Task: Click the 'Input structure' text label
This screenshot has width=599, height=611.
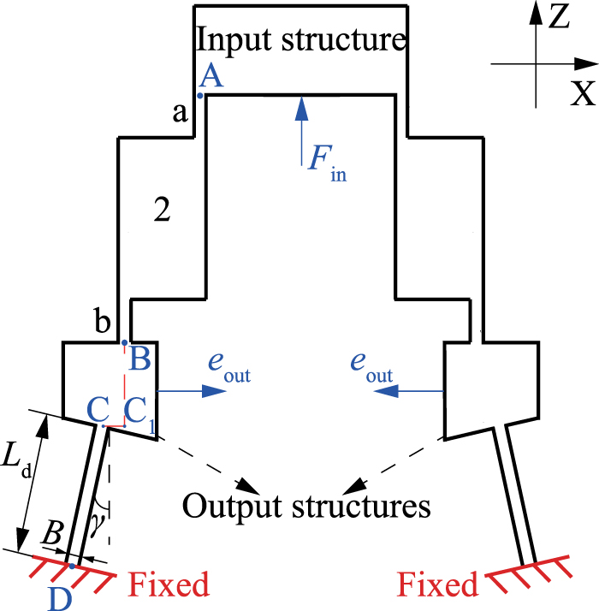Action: [300, 39]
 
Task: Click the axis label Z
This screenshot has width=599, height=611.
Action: [560, 16]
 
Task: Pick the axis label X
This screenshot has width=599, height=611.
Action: [583, 93]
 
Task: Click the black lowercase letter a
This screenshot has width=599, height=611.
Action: [181, 112]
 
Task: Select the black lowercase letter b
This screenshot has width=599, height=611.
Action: [102, 323]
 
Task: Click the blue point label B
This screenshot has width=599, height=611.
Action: [140, 359]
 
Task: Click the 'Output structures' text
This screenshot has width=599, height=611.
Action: [305, 505]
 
